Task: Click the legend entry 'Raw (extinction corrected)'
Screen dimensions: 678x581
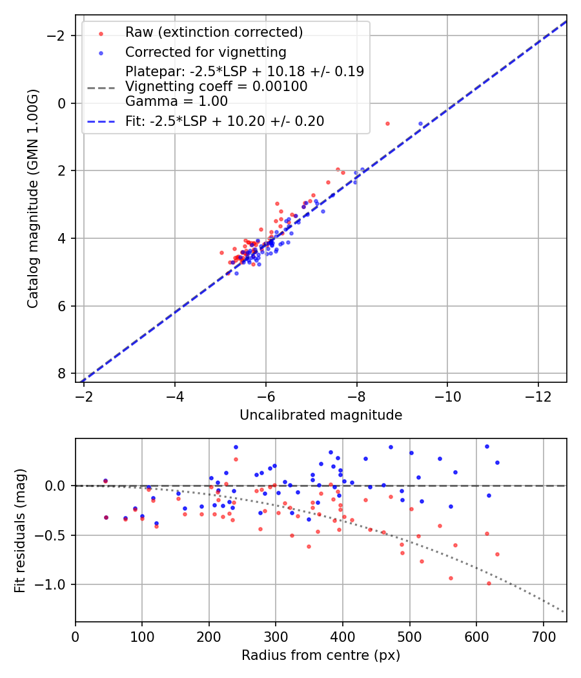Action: (x=214, y=32)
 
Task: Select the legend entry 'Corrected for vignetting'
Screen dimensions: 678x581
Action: (x=205, y=52)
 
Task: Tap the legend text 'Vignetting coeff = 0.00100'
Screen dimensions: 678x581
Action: (x=216, y=86)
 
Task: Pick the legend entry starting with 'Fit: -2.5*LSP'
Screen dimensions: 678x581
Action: (x=225, y=121)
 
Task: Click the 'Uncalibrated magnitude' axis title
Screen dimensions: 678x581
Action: (x=321, y=415)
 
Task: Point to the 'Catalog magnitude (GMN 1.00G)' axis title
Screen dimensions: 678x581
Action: (x=33, y=198)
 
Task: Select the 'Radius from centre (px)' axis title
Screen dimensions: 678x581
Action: (x=321, y=655)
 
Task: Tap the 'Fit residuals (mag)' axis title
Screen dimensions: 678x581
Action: (x=20, y=530)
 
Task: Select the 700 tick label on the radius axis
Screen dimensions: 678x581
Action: (x=543, y=635)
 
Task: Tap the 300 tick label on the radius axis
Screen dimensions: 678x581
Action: (x=276, y=635)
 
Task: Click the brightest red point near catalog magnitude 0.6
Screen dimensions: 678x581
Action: (x=387, y=123)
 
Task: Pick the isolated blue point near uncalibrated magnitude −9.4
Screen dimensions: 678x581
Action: (x=420, y=123)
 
